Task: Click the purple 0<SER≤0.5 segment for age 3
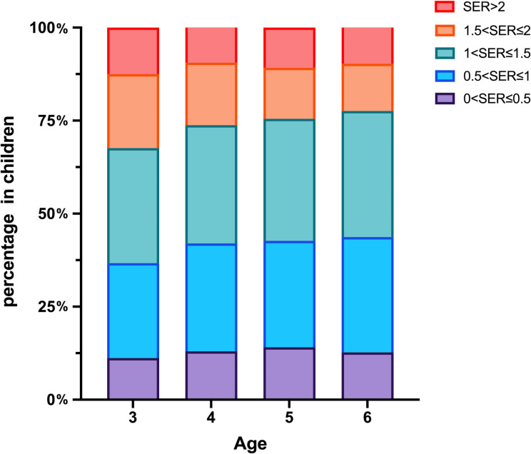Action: coord(133,379)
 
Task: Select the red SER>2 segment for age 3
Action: coord(133,51)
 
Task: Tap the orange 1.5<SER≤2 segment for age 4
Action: coord(211,94)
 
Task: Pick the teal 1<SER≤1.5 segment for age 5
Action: coord(290,181)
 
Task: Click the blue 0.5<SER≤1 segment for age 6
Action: coord(368,296)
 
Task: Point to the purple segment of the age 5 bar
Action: coord(290,374)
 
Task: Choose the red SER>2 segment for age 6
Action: coord(368,46)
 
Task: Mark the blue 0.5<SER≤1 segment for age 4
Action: coord(211,298)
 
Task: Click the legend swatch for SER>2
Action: coord(445,6)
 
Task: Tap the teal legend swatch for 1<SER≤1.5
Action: coord(445,54)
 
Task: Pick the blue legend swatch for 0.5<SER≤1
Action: coord(445,76)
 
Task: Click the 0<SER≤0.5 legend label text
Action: coord(497,99)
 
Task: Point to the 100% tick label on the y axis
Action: coord(49,29)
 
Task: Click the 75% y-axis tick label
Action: coord(53,121)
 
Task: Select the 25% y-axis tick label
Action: coord(53,307)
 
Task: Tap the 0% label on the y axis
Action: coord(58,400)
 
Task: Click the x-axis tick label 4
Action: coord(211,418)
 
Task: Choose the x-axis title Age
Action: coord(251,444)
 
